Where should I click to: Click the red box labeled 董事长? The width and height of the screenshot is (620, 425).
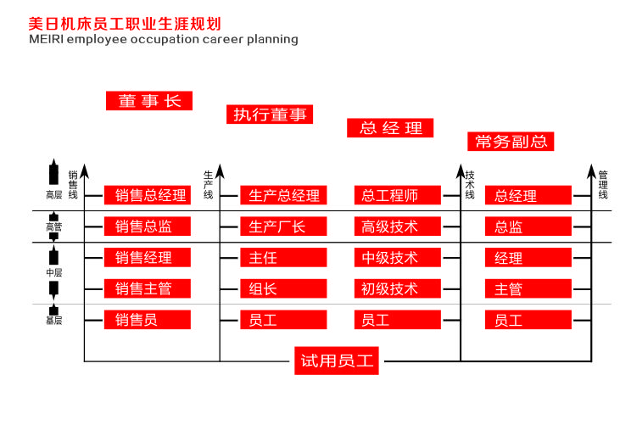point(149,100)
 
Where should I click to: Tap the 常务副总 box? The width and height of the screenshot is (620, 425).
point(510,141)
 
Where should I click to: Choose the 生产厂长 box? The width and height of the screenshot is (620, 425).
point(283,226)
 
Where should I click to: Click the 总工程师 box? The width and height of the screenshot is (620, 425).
point(398,195)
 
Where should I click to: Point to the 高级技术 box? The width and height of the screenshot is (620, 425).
point(398,226)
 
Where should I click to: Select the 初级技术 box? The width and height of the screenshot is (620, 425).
point(398,288)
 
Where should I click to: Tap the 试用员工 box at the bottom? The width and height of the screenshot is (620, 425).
point(337,361)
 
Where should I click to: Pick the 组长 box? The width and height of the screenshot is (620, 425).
point(283,288)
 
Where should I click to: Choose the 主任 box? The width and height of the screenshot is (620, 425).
point(283,257)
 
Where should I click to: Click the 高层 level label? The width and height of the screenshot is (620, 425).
point(53,195)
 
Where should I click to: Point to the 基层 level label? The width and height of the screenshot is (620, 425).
point(53,320)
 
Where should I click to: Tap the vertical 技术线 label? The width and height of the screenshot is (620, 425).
point(470,185)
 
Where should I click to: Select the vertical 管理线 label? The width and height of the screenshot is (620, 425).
point(603,185)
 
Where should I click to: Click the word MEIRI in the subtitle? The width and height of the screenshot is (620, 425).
point(46,39)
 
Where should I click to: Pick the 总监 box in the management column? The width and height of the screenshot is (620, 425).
point(528,226)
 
